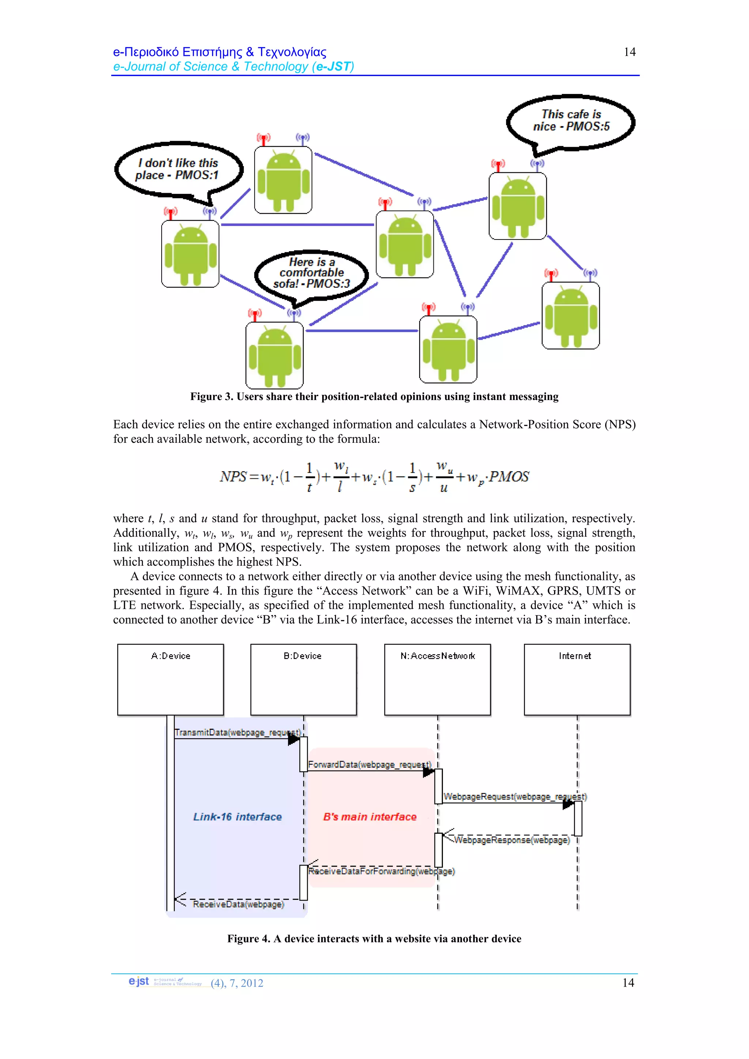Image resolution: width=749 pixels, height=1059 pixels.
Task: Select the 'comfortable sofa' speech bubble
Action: coord(311,273)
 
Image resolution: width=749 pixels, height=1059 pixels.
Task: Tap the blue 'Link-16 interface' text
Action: coord(237,817)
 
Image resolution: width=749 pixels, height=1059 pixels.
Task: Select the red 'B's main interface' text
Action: coord(370,817)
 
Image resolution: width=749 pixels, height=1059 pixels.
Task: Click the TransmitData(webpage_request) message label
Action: coord(237,732)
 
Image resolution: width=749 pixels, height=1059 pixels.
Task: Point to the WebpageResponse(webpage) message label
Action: coord(512,840)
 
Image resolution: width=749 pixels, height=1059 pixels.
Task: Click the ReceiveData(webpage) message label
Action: coord(238,904)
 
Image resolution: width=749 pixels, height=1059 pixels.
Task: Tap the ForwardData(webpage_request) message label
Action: coord(369,764)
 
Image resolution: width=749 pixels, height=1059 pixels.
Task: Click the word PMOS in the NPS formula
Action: coord(509,477)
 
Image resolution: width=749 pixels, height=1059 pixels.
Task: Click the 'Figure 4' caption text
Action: coord(374,939)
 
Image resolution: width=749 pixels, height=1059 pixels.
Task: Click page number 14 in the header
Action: coord(629,52)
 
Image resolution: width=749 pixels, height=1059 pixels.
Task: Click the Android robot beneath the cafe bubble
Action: coord(518,206)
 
